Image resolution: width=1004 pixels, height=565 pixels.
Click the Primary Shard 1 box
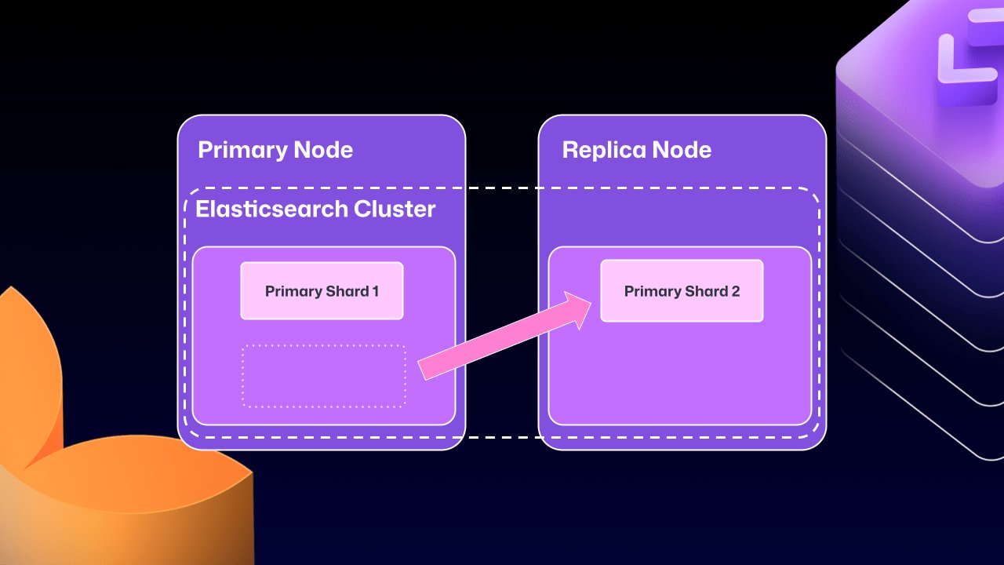pyautogui.click(x=322, y=291)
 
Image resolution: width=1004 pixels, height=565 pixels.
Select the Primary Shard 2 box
pyautogui.click(x=682, y=291)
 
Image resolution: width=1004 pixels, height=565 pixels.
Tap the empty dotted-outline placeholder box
pyautogui.click(x=324, y=376)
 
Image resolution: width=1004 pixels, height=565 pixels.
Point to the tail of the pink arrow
pyautogui.click(x=424, y=370)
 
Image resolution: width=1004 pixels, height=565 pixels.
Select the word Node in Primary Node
pyautogui.click(x=322, y=150)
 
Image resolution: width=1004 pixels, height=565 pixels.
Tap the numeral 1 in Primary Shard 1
pyautogui.click(x=375, y=291)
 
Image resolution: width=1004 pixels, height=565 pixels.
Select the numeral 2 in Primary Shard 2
pyautogui.click(x=735, y=291)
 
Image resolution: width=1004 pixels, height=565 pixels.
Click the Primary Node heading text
pyautogui.click(x=275, y=150)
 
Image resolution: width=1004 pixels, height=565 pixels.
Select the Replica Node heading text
pyautogui.click(x=637, y=150)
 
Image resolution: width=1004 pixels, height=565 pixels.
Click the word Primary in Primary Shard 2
pyautogui.click(x=653, y=291)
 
